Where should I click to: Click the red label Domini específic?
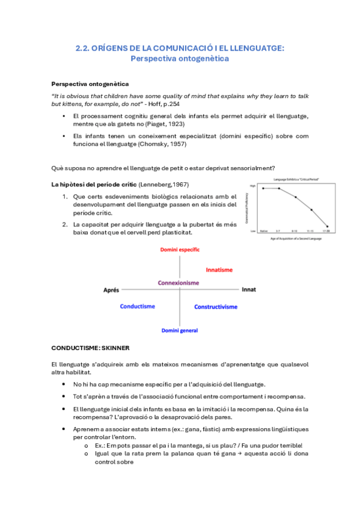180,249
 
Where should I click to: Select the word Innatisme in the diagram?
219,270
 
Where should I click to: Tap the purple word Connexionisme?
178,282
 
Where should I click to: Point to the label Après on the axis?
111,290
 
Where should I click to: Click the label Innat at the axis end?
248,289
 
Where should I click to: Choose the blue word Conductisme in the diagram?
137,306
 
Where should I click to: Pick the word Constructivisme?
215,307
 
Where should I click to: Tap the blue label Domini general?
180,330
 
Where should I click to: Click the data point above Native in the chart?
263,188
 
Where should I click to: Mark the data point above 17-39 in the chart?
328,227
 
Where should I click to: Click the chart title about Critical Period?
295,179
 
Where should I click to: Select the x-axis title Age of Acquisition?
294,239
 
